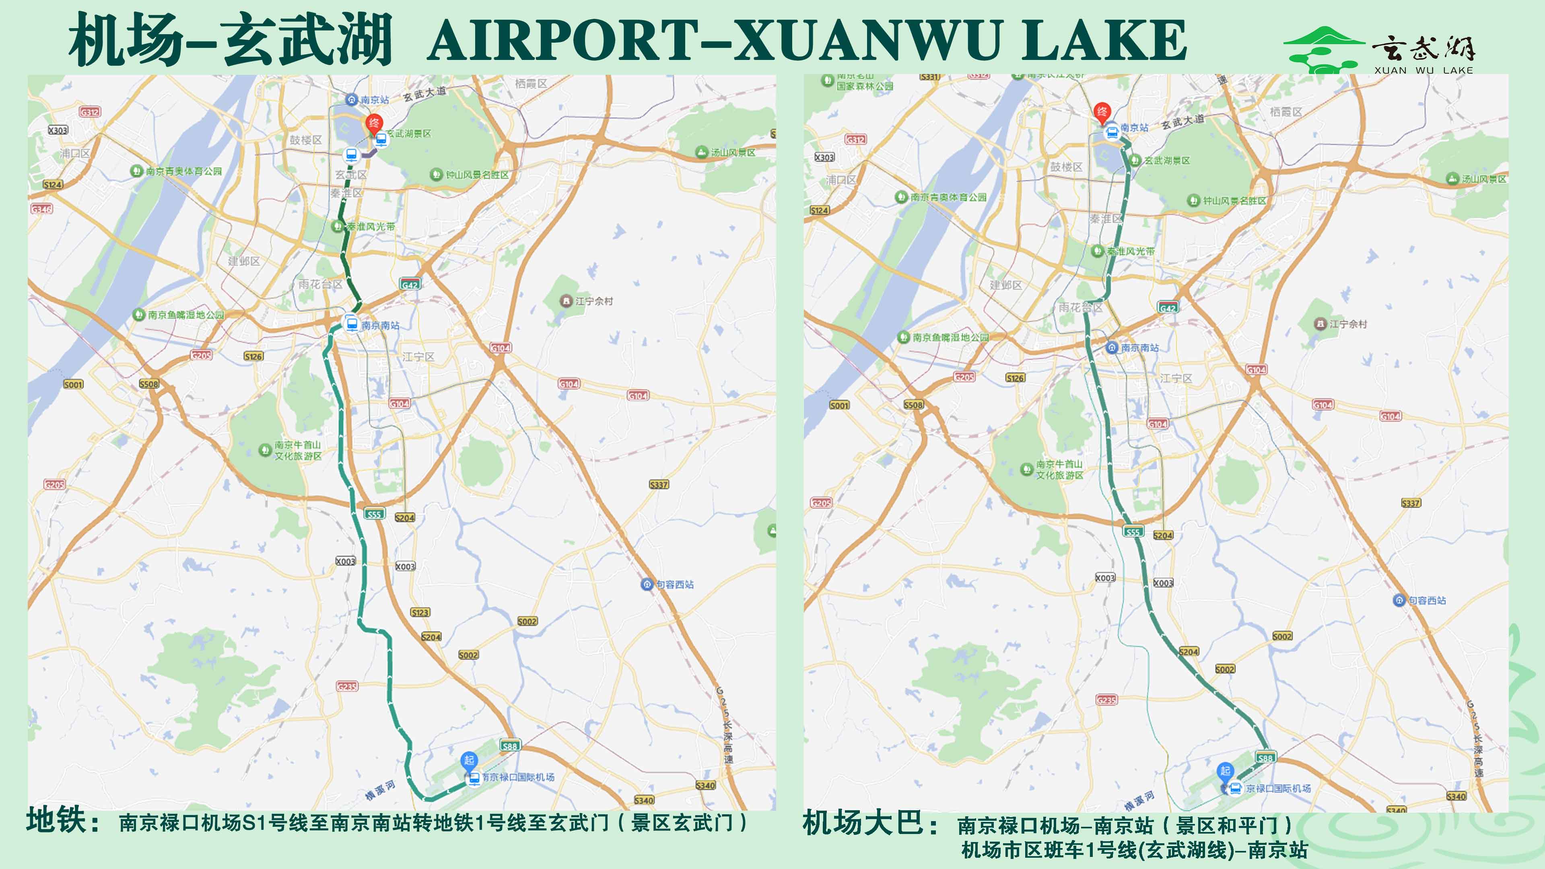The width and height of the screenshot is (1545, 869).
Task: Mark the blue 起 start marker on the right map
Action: [x=1225, y=771]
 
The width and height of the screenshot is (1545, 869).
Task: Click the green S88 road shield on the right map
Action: [x=1265, y=758]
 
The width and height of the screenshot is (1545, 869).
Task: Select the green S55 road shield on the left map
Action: [x=374, y=514]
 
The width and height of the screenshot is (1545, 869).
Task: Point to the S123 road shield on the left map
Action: [x=420, y=612]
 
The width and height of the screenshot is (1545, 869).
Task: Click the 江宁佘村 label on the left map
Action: [x=594, y=301]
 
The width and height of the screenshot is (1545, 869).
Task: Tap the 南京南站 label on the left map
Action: [x=380, y=325]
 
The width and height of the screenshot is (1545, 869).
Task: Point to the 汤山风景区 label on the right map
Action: [x=1483, y=179]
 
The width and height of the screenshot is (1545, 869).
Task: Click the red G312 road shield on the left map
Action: [x=90, y=112]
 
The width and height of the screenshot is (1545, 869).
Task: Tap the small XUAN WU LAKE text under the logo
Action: [x=1423, y=70]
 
